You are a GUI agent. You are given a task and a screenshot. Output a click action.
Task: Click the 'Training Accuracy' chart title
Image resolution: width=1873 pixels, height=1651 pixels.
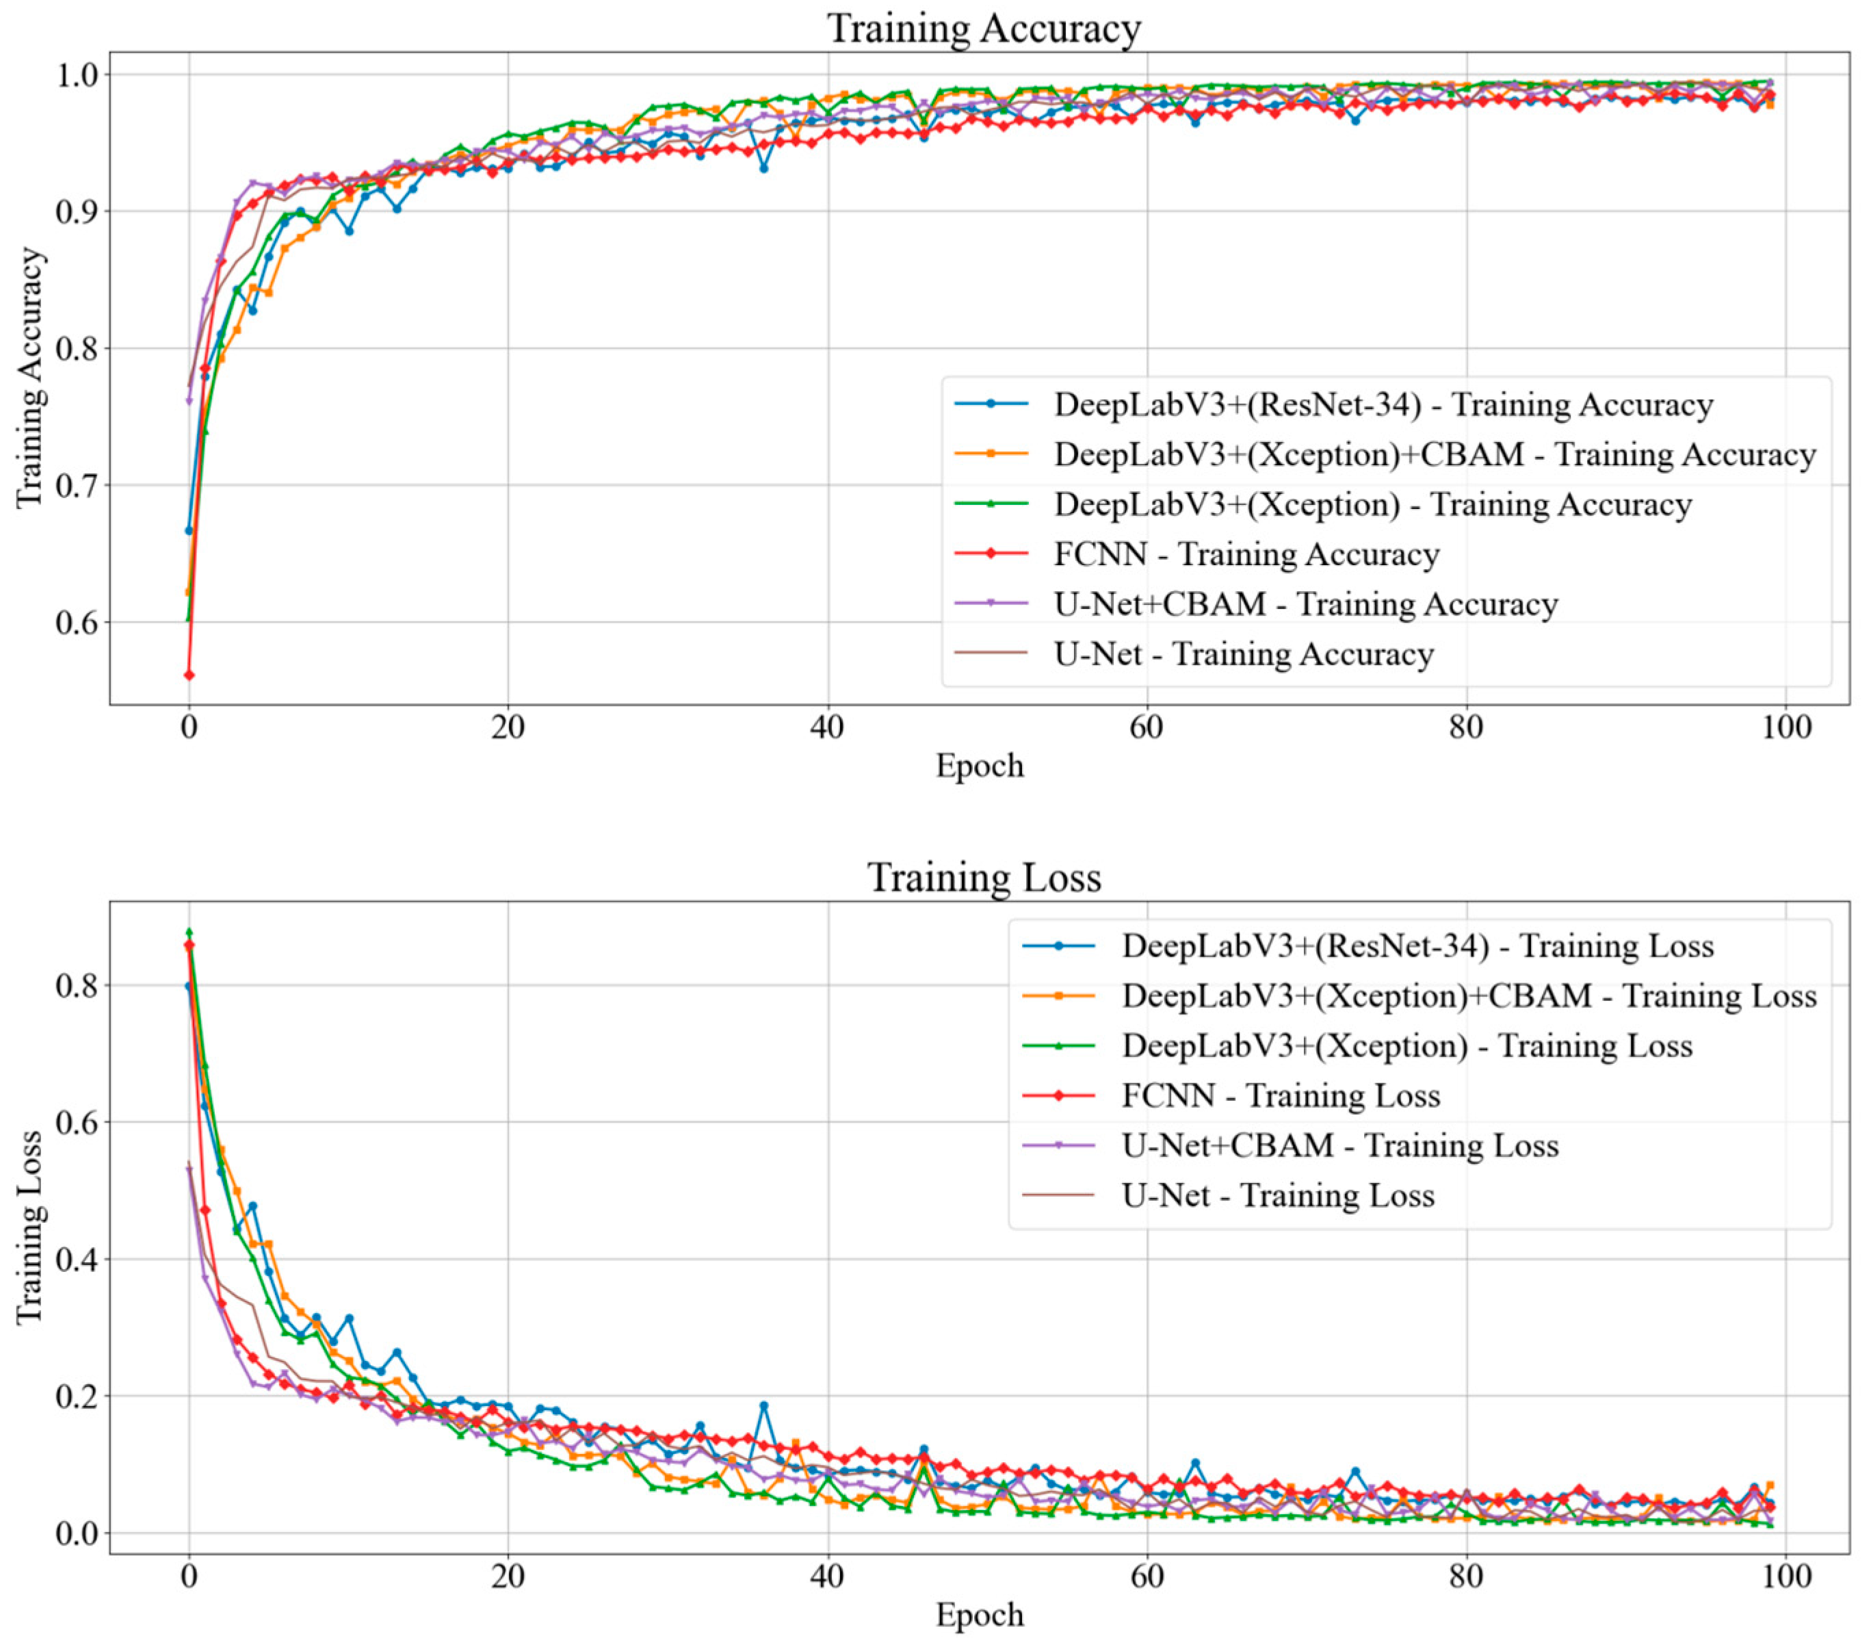(x=983, y=29)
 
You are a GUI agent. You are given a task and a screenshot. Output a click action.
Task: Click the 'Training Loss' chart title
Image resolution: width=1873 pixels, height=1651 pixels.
(x=983, y=877)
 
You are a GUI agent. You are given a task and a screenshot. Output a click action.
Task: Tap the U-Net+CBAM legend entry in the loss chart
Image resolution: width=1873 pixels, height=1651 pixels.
(x=1339, y=1146)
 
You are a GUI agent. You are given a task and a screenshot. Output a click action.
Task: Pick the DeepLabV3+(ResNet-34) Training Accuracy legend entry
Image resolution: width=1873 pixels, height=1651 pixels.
(x=1383, y=404)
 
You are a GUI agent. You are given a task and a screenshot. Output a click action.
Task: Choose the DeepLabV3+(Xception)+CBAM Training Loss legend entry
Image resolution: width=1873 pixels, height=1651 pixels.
(x=1468, y=996)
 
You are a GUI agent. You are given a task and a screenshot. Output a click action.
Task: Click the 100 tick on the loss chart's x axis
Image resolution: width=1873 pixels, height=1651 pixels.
(x=1785, y=1576)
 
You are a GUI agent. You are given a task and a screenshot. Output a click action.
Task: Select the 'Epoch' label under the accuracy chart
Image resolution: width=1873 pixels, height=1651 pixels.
(x=979, y=766)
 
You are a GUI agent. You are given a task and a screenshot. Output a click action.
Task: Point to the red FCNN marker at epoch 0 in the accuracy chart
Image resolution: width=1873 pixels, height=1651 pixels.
(x=189, y=675)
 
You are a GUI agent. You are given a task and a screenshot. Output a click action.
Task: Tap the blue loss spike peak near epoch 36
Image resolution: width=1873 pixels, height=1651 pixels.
(x=763, y=1405)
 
